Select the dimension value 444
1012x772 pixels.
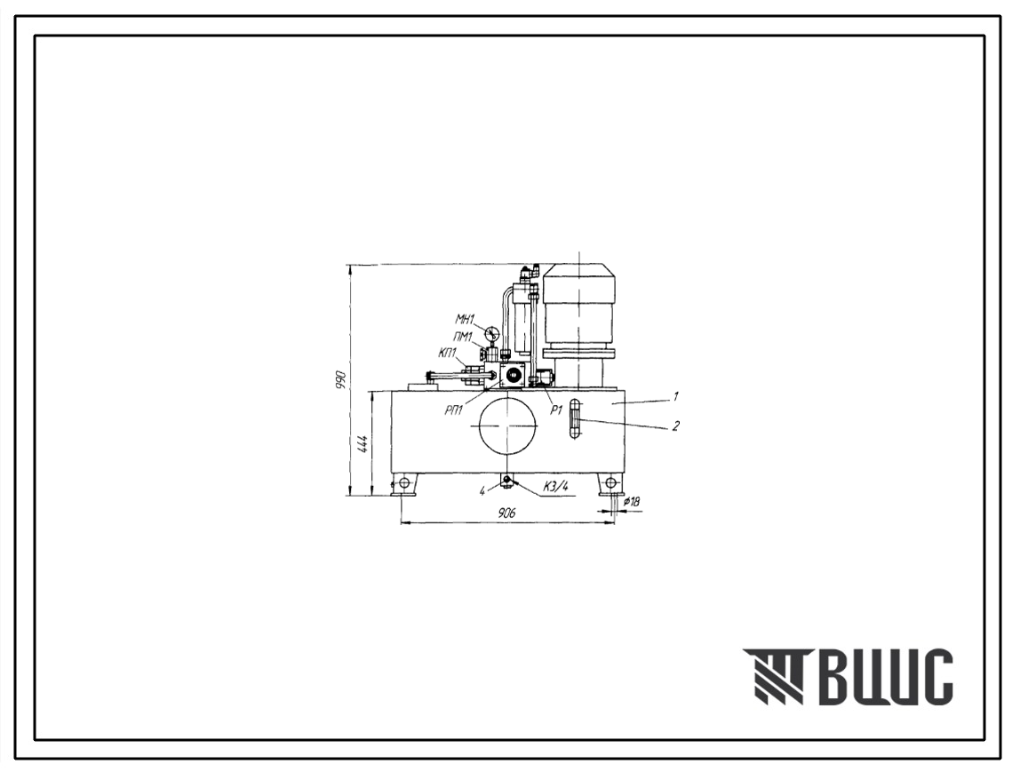[363, 445]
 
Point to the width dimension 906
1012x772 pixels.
[508, 513]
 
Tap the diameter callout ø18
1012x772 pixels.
[631, 502]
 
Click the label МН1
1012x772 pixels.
[465, 318]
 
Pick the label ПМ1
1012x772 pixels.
[464, 336]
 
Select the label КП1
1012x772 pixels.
[447, 353]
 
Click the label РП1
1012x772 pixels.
[454, 410]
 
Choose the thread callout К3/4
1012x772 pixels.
[555, 488]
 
